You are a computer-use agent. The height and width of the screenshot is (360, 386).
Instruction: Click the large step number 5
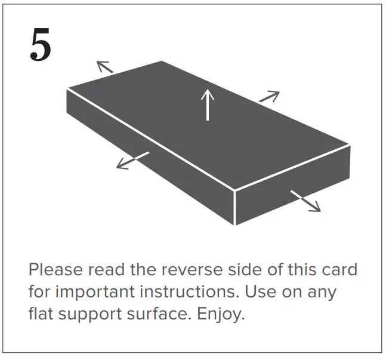pos(41,46)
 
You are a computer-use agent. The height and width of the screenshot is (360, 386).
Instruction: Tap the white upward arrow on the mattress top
pos(207,104)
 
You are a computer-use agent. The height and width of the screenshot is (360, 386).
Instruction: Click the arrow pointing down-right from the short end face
pos(305,201)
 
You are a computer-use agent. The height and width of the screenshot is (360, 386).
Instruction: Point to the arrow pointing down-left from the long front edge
pos(132,160)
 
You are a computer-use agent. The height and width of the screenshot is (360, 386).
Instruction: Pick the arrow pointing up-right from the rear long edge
pos(269,96)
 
